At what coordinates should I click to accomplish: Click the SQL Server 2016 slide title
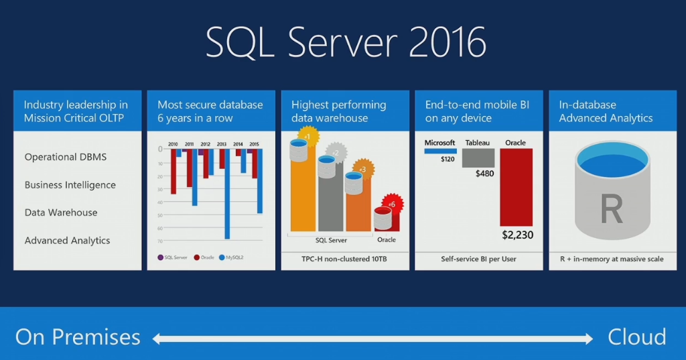tap(346, 43)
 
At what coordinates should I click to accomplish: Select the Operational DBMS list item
tap(66, 157)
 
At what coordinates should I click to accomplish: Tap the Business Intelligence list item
tap(70, 185)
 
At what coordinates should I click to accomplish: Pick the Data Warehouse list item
tap(61, 213)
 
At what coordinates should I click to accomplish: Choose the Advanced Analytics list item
tap(67, 241)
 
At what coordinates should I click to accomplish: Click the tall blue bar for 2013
tap(227, 194)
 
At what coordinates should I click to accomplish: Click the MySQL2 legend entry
tap(232, 257)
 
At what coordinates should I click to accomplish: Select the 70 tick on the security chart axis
tap(160, 239)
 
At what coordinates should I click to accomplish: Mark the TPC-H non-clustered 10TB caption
tap(345, 259)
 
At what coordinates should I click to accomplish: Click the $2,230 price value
tap(517, 235)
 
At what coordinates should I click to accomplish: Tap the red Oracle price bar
tap(516, 187)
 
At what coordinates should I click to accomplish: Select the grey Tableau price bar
tap(478, 158)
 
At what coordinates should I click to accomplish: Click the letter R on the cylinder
tap(612, 209)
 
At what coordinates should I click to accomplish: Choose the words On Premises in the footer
tap(78, 337)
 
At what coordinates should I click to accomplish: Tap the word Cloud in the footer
tap(636, 337)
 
